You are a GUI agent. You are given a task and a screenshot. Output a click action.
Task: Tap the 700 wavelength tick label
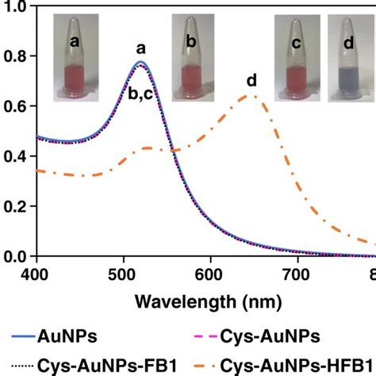tap(296, 273)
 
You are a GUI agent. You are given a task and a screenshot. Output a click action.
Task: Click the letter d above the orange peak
tap(251, 80)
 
